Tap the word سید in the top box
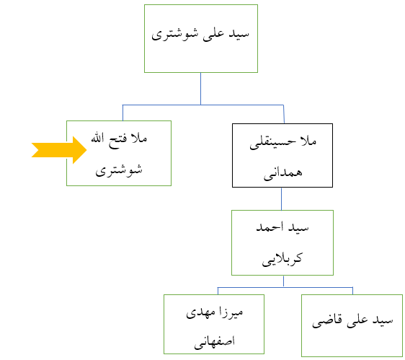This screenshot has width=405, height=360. pos(239,34)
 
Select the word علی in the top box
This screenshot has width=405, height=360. pos(213,35)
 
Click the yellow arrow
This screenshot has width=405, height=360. pos(59,150)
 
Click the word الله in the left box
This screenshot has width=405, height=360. pos(97,139)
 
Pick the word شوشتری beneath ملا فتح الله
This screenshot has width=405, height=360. pos(119,170)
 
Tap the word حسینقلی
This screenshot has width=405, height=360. pos(272,143)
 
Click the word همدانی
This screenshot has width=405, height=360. pos(282,174)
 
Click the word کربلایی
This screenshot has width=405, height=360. pos(282,260)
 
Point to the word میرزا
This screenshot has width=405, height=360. pos(231,312)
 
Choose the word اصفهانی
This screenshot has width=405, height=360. pos(214,342)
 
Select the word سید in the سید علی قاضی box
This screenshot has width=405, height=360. pos(383,320)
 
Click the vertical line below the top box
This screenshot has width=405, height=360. pos(200,89)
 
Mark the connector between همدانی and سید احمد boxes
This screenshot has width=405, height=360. pos(281,199)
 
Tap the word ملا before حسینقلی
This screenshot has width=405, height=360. pos(308,141)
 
